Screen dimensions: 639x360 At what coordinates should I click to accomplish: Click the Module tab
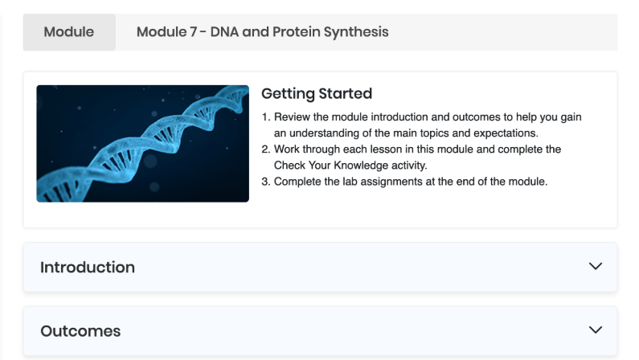(69, 32)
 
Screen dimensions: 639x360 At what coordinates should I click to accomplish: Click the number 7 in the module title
(193, 32)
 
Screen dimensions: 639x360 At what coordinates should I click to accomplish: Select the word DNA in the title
(224, 32)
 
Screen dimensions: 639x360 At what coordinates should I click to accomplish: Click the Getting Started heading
(317, 94)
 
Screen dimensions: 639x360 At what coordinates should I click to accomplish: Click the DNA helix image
(142, 143)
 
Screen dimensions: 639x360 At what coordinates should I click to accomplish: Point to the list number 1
(266, 117)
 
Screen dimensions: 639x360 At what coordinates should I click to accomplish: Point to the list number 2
(266, 149)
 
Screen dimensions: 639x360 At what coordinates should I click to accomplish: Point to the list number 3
(266, 182)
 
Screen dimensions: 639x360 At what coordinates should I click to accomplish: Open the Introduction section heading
(88, 268)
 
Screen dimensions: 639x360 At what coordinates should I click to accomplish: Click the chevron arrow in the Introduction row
(596, 266)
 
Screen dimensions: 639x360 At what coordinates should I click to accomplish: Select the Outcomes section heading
(80, 331)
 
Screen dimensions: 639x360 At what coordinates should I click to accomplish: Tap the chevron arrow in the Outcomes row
(596, 329)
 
